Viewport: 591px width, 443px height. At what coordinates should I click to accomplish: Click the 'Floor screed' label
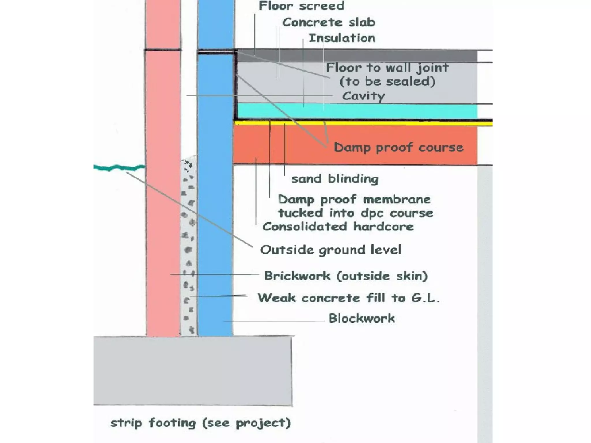tap(302, 6)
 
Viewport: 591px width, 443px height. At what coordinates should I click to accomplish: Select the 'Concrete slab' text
tap(329, 22)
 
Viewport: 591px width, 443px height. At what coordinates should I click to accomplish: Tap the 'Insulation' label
tap(342, 38)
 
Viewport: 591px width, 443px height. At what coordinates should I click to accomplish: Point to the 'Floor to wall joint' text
tap(387, 68)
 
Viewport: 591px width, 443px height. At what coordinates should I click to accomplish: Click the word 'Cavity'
tap(363, 96)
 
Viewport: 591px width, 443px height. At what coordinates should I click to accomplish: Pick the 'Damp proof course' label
tap(399, 147)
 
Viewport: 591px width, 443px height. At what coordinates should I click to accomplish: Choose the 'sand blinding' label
tap(335, 179)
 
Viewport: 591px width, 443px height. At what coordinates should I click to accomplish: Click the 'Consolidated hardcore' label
tap(338, 226)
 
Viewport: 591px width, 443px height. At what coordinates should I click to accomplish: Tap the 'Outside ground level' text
tap(331, 249)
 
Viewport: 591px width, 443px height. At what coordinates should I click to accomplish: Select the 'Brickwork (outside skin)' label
tap(346, 276)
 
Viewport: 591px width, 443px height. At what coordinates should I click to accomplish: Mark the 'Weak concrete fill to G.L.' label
tap(349, 298)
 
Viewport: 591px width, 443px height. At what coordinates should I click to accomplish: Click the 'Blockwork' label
tap(362, 318)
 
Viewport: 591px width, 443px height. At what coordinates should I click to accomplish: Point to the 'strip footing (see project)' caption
tap(201, 423)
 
